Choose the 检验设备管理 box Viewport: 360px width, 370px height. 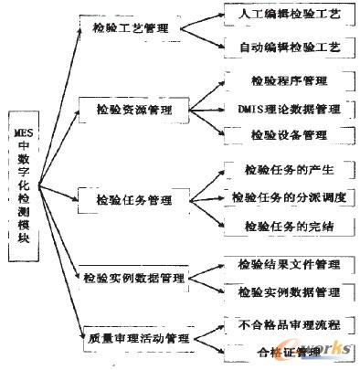(286, 135)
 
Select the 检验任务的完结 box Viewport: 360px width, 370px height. (286, 225)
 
